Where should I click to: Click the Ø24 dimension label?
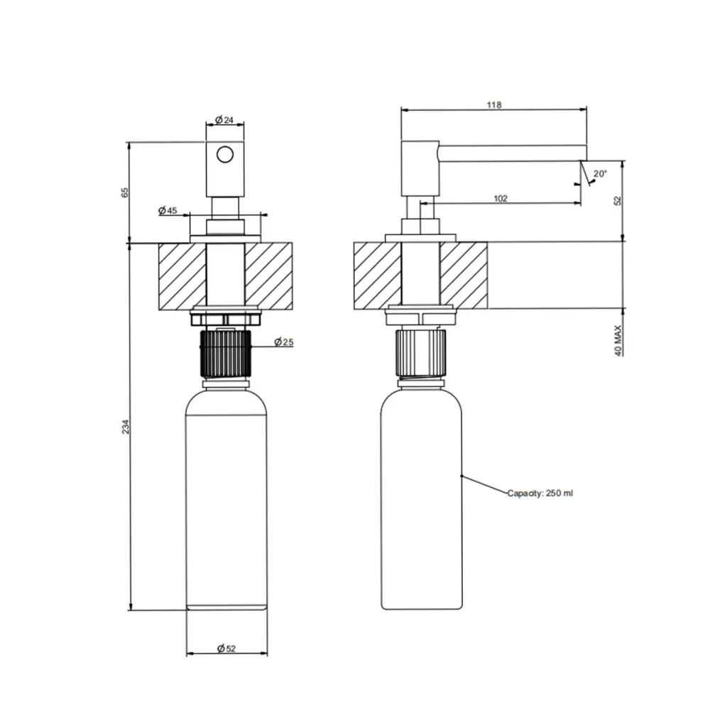point(224,120)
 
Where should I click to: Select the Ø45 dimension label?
point(168,210)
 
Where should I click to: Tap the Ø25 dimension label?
point(284,342)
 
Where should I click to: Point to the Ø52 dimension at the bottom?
point(226,649)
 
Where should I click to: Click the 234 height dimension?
point(126,427)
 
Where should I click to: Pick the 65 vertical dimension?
point(125,192)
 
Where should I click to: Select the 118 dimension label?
point(494,105)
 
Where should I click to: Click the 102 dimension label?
point(501,199)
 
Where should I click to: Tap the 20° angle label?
point(600,174)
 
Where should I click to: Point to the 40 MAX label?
point(618,340)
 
